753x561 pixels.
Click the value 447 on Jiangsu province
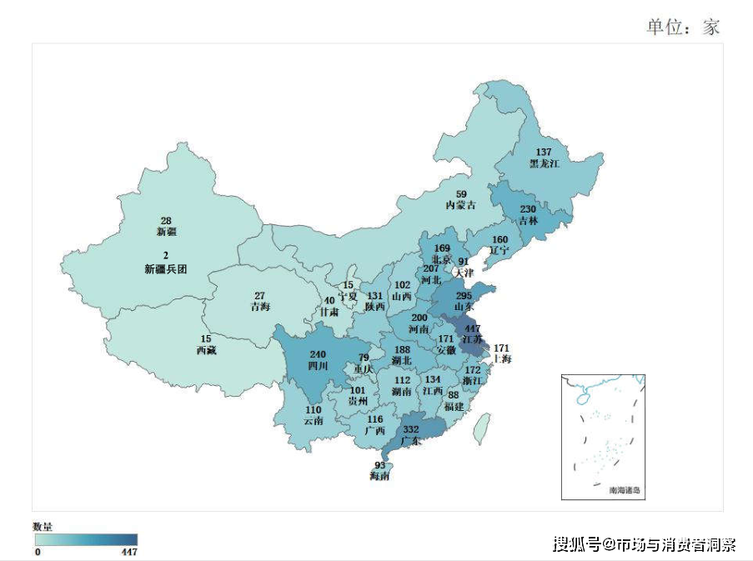472,328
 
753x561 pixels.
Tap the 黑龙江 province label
544,163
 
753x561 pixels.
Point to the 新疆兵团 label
166,269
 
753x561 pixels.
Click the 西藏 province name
206,350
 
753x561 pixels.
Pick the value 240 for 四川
318,353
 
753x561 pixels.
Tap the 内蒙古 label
460,205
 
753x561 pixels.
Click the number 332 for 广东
411,428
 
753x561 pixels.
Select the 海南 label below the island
379,477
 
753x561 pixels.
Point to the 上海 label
501,359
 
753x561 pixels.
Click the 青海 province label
259,307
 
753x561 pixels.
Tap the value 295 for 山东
464,295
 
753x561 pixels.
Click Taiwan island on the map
480,430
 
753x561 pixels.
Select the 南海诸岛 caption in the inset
625,491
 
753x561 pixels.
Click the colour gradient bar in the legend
85,539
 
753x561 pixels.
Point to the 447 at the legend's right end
128,552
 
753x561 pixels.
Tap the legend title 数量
43,527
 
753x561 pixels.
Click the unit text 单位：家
682,27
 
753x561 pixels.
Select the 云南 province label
314,421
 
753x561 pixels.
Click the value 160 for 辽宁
500,239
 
